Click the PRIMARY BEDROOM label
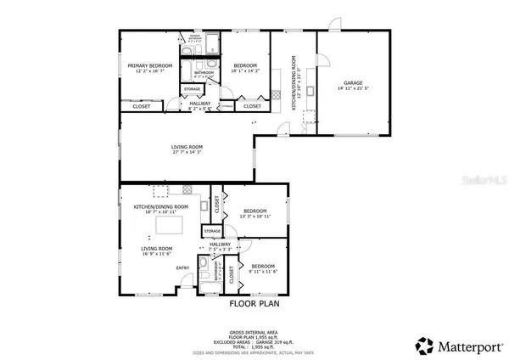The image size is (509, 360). pos(149,65)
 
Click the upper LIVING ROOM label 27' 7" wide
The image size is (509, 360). pos(187,148)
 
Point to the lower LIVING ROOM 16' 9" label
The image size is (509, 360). pos(156,249)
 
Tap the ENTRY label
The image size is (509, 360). pos(182,268)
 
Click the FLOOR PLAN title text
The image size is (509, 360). pos(255,302)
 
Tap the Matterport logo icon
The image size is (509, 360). pos(422,345)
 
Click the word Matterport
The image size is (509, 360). pos(464,346)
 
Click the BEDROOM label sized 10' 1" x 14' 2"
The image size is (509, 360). pos(245,65)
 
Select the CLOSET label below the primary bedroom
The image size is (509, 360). pos(142,106)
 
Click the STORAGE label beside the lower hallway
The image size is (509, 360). pos(211,230)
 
